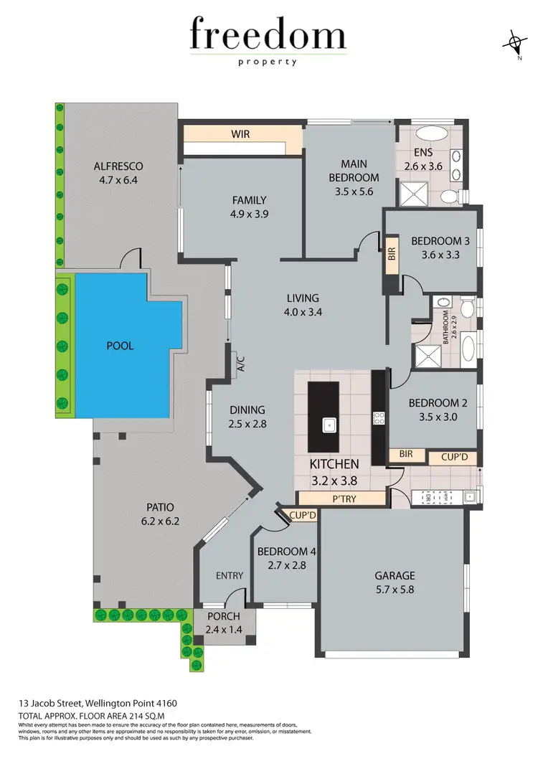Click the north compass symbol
pos(514,43)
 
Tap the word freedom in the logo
pos(268,36)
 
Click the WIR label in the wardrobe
pos(240,134)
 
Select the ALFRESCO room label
pos(119,167)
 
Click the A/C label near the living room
pos(241,365)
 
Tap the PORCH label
pos(224,616)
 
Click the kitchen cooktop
pos(378,417)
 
